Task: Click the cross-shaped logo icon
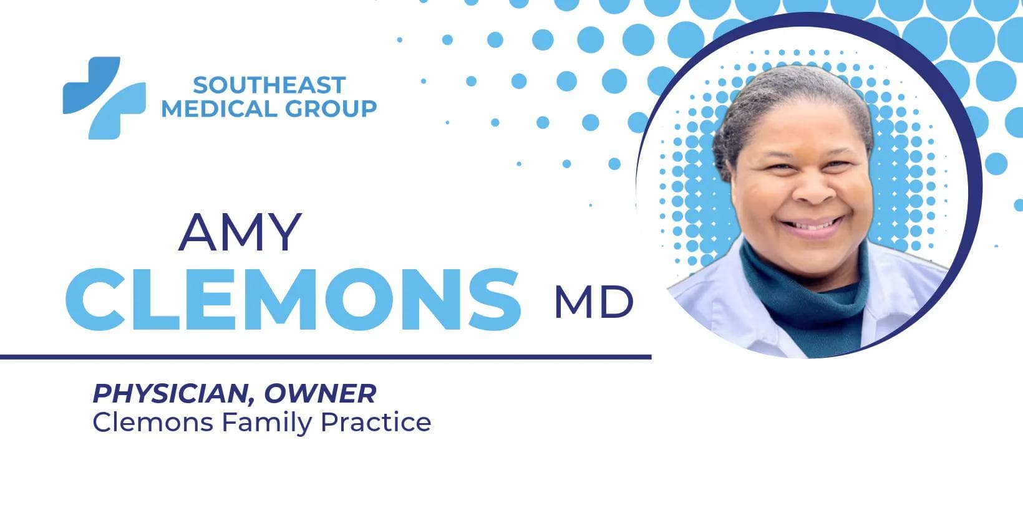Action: [104, 97]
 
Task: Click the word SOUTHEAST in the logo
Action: [269, 85]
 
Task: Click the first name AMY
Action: [240, 232]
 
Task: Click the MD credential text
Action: [593, 302]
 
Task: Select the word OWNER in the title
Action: [320, 393]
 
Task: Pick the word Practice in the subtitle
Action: [376, 422]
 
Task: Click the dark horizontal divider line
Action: [324, 357]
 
